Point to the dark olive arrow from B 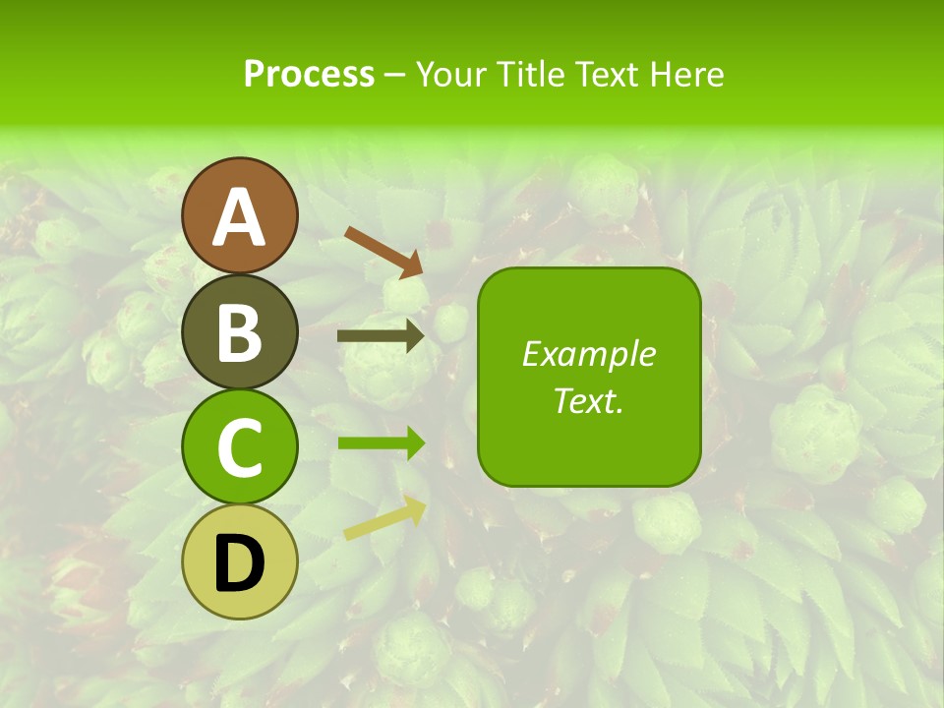(x=381, y=336)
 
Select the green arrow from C (x=382, y=442)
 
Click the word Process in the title (x=309, y=74)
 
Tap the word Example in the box (x=588, y=354)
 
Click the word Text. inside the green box (x=588, y=400)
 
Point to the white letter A (x=240, y=217)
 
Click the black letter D (x=239, y=564)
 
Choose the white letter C (x=240, y=448)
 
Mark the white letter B (x=240, y=332)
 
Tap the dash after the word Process (x=394, y=75)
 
